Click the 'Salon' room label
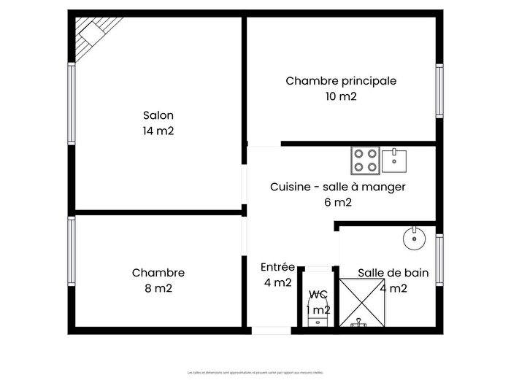[158, 115]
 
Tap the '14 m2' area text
[158, 131]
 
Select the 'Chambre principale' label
[341, 81]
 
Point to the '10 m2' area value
[341, 96]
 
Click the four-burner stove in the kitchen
[364, 160]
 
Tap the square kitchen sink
[394, 158]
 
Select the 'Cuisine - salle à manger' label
[337, 187]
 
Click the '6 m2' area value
[337, 203]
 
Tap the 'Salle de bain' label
[393, 273]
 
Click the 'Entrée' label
[277, 267]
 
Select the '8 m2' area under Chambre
[158, 288]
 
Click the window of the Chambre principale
[439, 90]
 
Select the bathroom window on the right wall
[439, 258]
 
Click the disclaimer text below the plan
[255, 372]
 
